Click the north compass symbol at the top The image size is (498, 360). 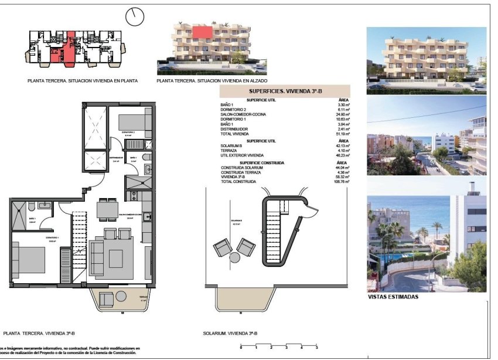point(134,16)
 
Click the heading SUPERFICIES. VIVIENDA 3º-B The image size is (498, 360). point(284,91)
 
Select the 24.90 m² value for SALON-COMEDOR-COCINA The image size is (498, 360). point(342,114)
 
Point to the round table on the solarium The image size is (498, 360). point(234,257)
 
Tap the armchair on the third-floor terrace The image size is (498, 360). point(107,300)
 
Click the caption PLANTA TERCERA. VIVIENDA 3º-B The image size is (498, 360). point(39,332)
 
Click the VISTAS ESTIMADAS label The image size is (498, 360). point(393,297)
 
